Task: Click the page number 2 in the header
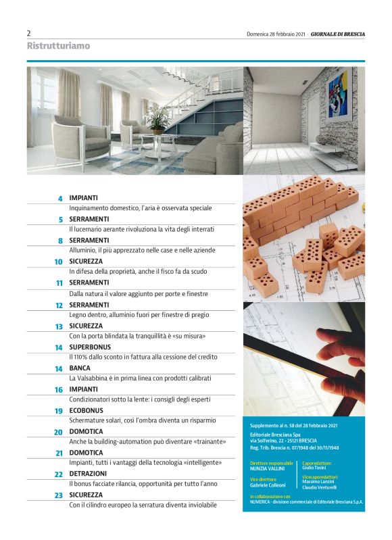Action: click(29, 33)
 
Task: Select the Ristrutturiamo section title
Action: click(58, 46)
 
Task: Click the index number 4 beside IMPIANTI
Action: click(59, 199)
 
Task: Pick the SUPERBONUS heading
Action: click(94, 347)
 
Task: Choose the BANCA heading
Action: click(80, 368)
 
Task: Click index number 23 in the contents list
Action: click(59, 495)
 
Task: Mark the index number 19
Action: click(59, 411)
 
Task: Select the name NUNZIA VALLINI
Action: click(264, 468)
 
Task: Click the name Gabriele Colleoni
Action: click(267, 485)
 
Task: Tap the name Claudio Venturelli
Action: click(320, 487)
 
